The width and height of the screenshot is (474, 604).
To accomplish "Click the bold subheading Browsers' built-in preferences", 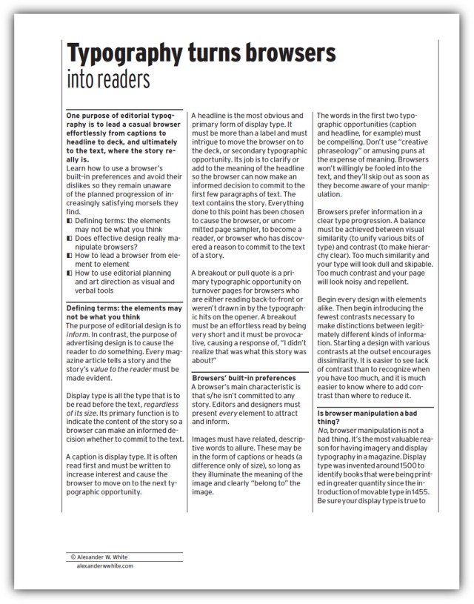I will (x=238, y=376).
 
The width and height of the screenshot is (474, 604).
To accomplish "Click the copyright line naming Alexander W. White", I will (x=107, y=557).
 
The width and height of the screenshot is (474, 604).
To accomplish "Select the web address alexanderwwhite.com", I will (x=104, y=565).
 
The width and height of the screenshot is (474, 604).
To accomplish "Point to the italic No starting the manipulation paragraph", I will (x=322, y=431).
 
